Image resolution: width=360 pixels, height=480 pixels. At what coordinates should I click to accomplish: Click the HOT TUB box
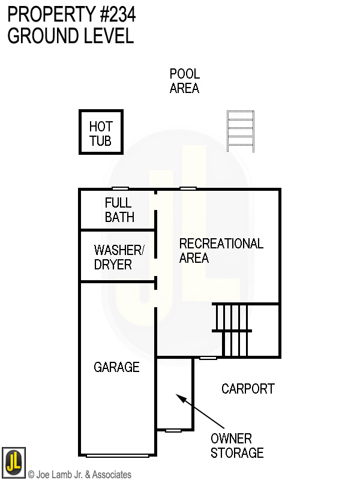click(101, 132)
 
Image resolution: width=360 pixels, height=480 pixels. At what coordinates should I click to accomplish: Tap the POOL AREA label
click(184, 81)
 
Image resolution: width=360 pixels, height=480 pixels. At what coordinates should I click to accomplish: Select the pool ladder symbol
click(240, 131)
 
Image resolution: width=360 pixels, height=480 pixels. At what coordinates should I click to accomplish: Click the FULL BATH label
click(119, 210)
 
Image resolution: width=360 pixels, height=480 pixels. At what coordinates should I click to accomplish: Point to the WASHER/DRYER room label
click(119, 257)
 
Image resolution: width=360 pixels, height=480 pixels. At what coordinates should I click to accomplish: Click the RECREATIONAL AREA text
click(221, 251)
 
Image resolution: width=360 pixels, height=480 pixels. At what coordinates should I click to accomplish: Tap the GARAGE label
click(116, 367)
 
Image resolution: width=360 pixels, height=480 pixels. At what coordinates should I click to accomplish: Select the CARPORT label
click(248, 389)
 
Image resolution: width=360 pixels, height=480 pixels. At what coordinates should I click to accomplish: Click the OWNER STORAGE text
click(236, 446)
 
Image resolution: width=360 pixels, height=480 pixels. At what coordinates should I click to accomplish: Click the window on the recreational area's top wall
click(188, 189)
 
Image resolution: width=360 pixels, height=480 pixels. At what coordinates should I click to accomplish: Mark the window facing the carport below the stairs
click(208, 358)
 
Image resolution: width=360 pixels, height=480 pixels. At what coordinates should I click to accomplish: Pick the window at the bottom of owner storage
click(173, 430)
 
